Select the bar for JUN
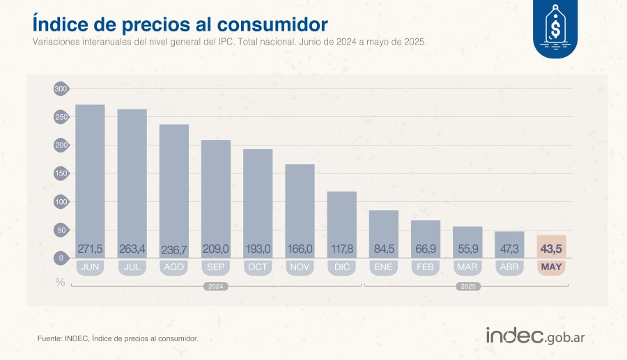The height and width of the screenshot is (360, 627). pos(90,174)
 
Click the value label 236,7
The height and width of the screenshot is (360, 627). pos(174,249)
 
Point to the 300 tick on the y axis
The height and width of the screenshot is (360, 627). pos(61,89)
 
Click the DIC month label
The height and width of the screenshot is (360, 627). pos(341,267)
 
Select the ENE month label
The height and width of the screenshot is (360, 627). pos(384,267)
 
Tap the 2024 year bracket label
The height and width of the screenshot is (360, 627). pos(215,286)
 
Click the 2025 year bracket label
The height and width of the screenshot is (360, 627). pos(466,286)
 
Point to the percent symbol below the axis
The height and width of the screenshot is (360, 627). pos(60,282)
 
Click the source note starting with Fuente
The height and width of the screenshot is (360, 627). pos(118,338)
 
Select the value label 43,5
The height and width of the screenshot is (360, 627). pos(551,249)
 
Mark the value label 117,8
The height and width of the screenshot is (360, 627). pos(341,249)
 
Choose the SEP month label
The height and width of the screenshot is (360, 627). pos(215,267)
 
